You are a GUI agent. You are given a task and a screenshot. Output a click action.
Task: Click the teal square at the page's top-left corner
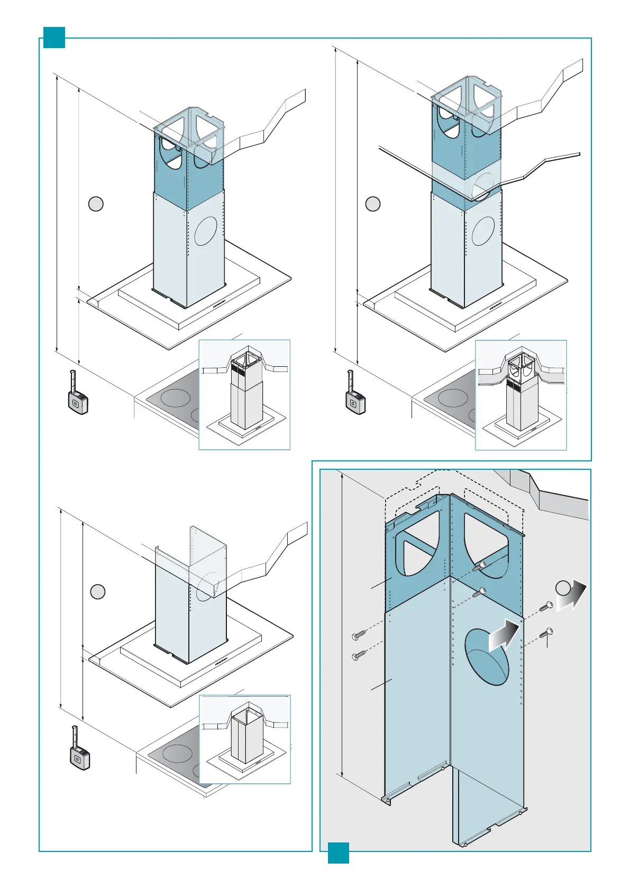54,38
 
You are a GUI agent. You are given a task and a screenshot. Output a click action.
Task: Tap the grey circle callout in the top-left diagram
96,203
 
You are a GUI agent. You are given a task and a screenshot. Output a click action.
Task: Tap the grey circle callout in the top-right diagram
373,203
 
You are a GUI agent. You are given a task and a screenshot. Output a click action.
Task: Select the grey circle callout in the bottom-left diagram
97,591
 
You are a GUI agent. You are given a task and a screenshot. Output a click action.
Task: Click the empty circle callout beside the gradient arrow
563,587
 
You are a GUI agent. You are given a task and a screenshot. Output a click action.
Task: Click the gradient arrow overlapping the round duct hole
504,635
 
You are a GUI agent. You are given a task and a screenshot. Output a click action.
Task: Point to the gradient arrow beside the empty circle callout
572,596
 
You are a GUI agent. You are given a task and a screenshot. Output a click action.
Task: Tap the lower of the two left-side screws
359,656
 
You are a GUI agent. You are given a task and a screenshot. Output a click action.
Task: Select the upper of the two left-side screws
359,634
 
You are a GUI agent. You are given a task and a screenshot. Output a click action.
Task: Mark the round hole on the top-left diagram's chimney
206,230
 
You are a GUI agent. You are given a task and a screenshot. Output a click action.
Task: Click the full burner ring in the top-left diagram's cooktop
175,398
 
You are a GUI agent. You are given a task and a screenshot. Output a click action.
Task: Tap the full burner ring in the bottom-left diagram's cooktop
177,753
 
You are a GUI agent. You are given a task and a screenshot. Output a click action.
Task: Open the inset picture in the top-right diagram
521,395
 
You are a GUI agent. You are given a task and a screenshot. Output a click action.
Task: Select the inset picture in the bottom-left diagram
245,739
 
